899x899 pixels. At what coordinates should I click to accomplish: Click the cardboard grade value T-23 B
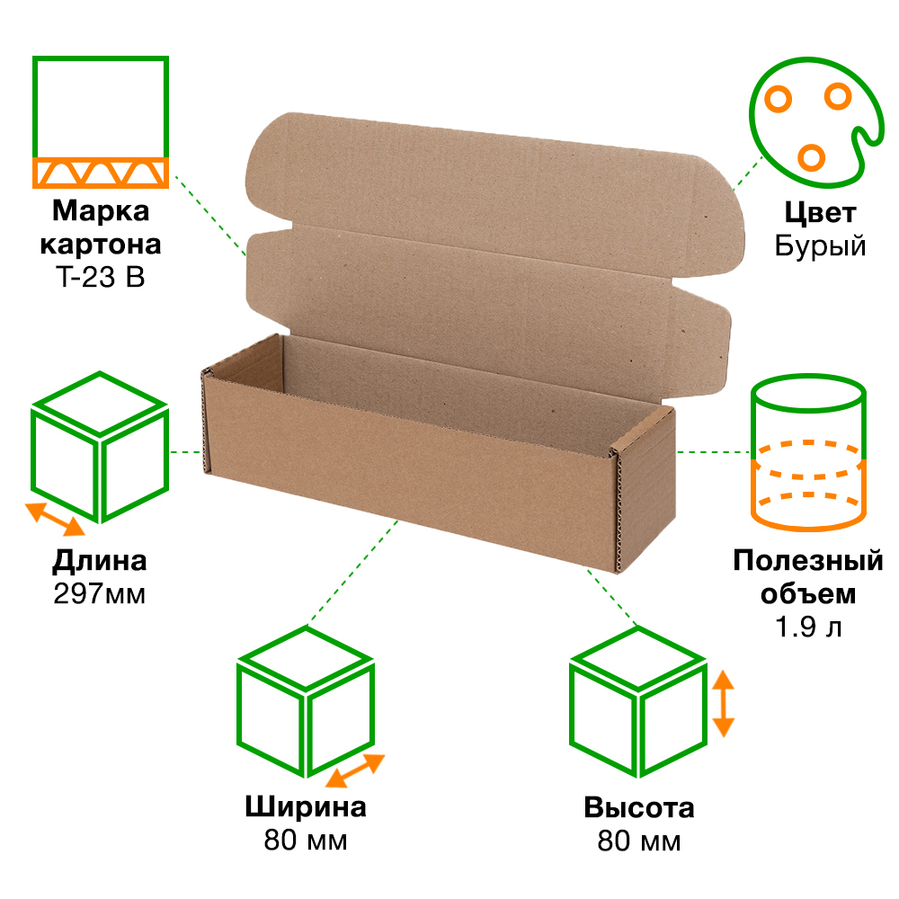[101, 278]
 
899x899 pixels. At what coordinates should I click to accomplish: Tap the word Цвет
[820, 214]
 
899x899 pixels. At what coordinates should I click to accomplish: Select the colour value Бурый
[820, 246]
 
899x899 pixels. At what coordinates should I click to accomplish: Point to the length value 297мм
[99, 594]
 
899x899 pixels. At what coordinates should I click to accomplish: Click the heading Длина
[99, 561]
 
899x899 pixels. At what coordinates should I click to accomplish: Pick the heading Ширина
[306, 807]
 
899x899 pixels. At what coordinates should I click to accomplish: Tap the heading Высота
[638, 808]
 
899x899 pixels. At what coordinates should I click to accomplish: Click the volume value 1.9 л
[808, 627]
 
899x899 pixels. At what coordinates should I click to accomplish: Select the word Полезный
[808, 561]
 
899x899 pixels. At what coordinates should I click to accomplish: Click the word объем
[808, 594]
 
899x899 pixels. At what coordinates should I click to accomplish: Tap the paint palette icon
[816, 122]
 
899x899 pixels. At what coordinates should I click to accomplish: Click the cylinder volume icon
[808, 452]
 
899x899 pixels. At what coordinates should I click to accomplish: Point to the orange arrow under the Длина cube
[55, 520]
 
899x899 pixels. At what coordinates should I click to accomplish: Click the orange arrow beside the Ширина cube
[355, 770]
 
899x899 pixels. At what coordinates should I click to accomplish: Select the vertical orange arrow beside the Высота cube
[724, 704]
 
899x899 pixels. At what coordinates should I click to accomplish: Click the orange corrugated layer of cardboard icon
[101, 173]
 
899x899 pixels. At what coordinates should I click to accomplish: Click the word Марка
[101, 211]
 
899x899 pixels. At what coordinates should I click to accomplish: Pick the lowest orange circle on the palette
[811, 157]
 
